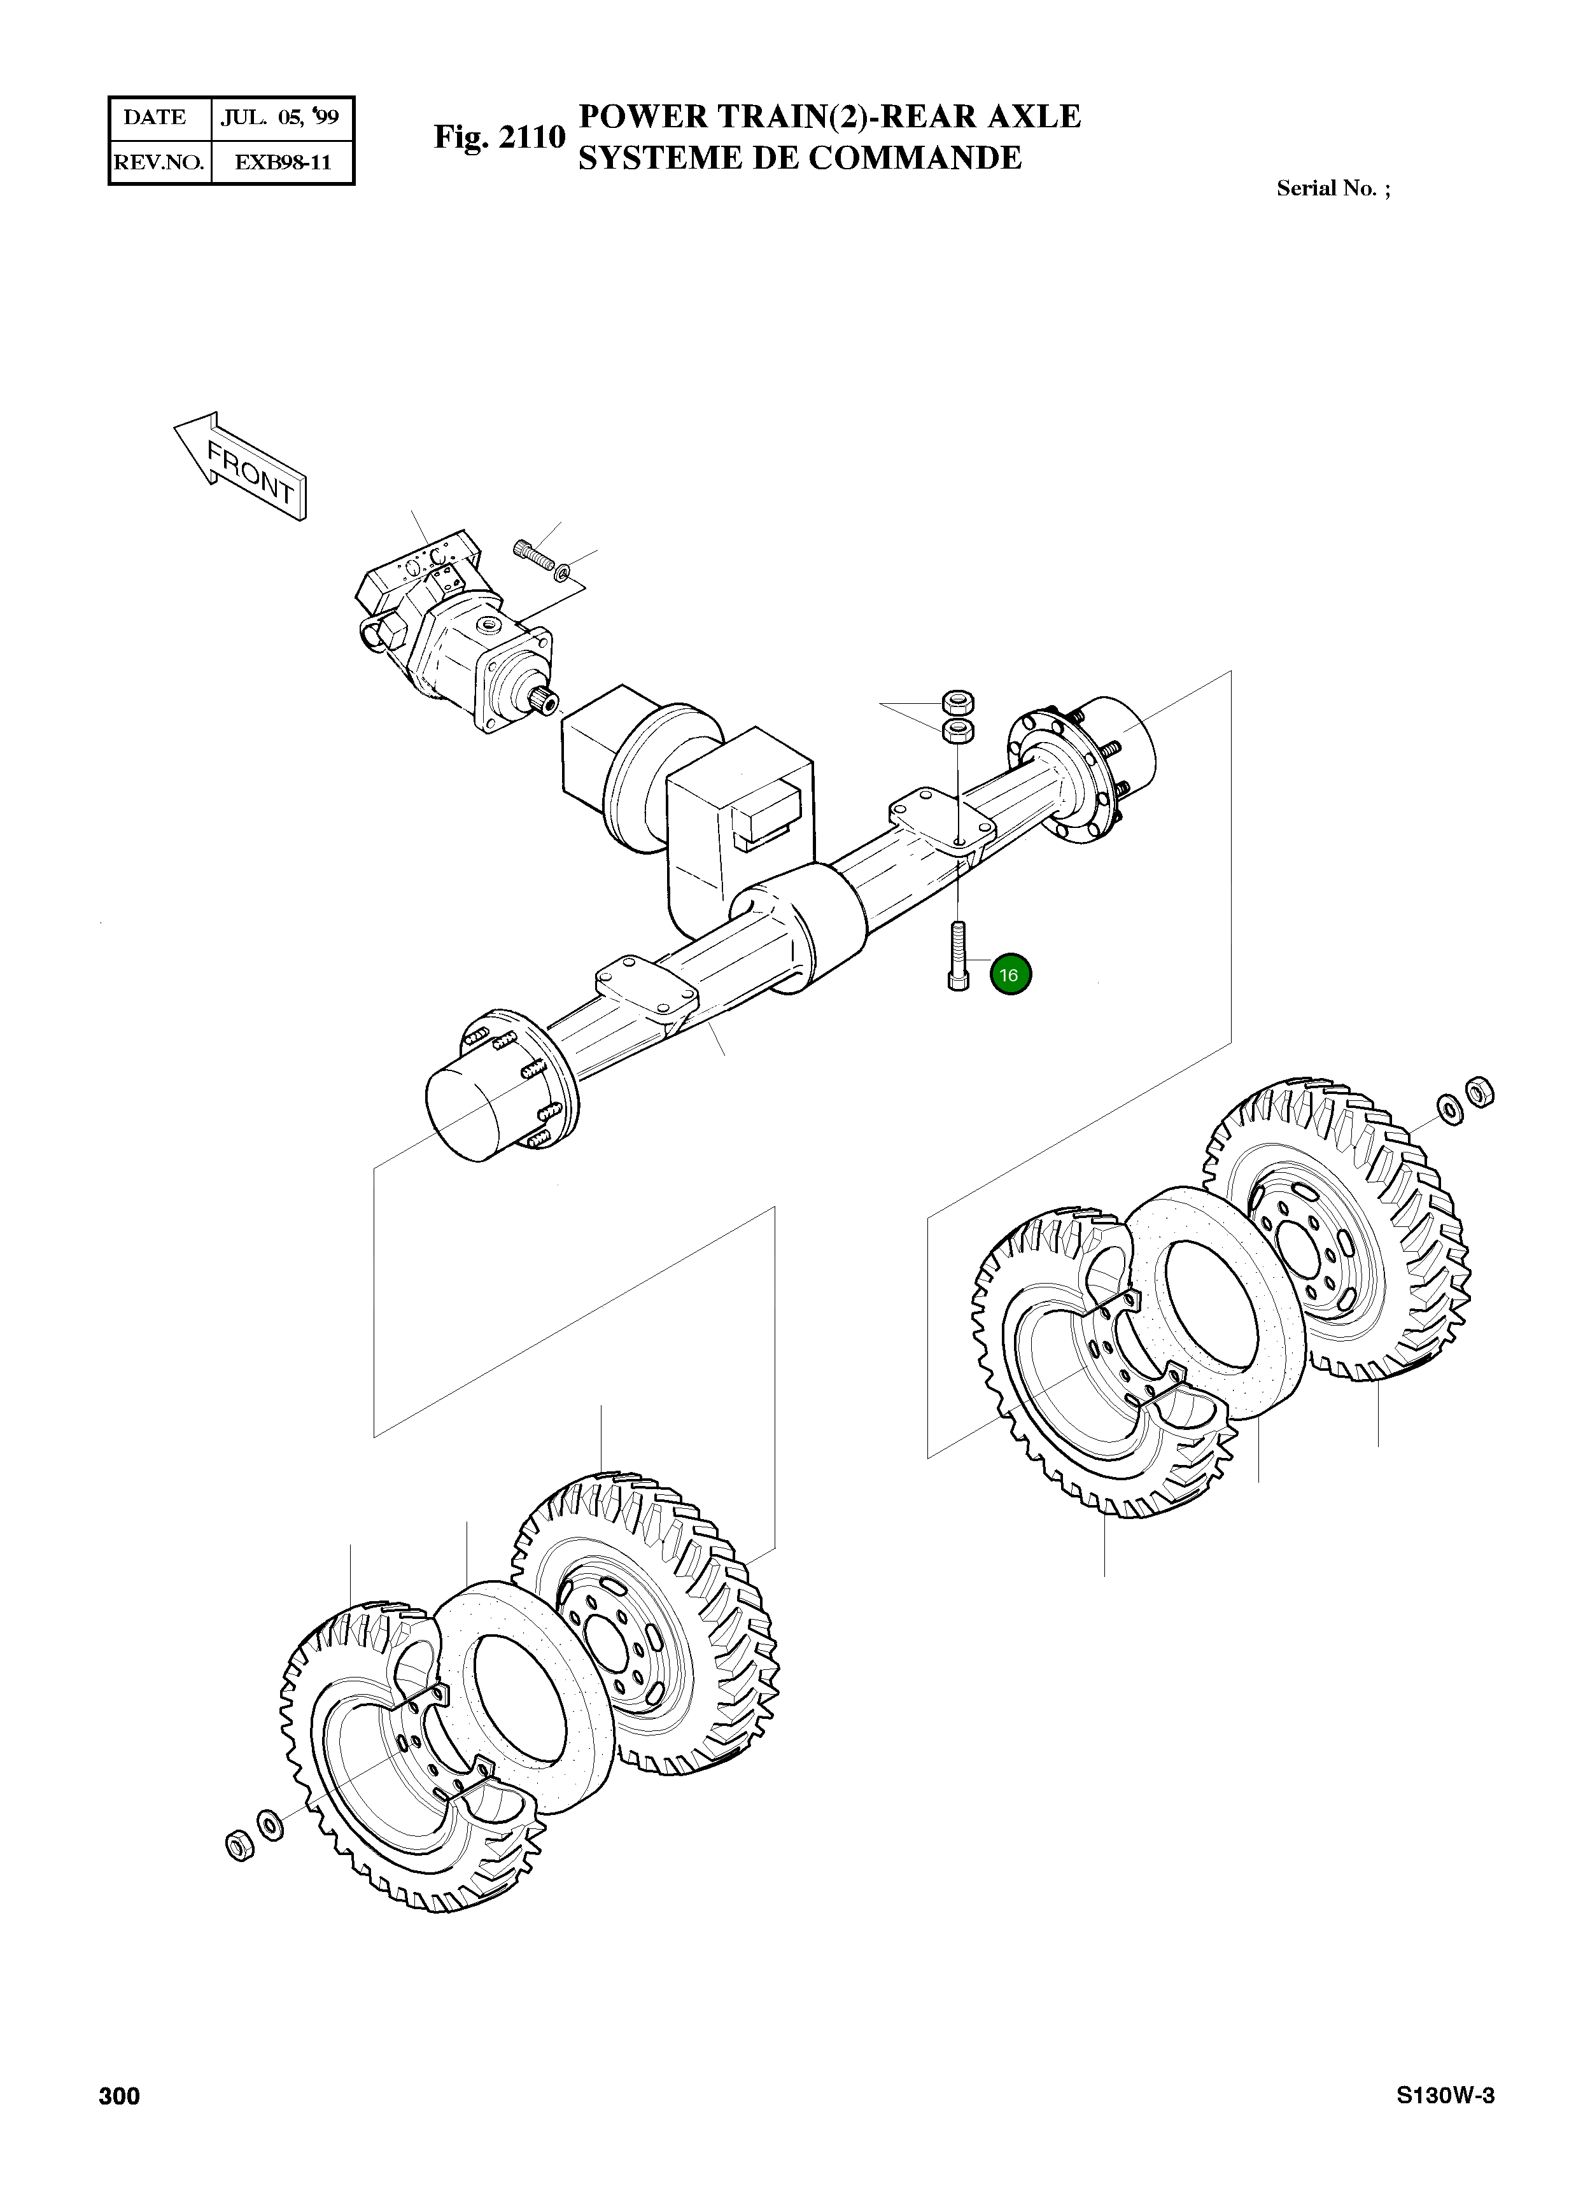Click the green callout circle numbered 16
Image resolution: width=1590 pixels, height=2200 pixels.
(x=1010, y=975)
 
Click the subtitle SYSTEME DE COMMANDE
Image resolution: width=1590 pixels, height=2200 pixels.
(x=799, y=157)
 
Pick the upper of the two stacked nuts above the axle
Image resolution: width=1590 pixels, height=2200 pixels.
(x=959, y=701)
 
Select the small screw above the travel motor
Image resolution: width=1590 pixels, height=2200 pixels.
(x=531, y=554)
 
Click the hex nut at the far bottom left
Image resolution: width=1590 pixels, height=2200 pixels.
(x=237, y=1846)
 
